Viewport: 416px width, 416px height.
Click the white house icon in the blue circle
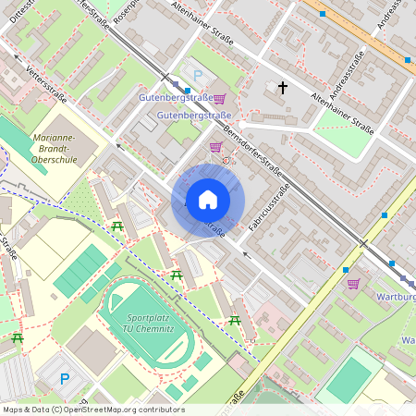click(x=208, y=200)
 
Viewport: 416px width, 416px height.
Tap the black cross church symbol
click(x=283, y=88)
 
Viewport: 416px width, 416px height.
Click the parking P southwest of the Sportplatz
click(x=65, y=378)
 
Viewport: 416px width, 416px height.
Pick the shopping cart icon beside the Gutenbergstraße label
click(x=219, y=98)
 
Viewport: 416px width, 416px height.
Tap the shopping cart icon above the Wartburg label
click(x=353, y=284)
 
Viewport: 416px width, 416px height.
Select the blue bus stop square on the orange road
click(x=407, y=60)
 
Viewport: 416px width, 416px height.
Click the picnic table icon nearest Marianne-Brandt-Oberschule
click(x=118, y=226)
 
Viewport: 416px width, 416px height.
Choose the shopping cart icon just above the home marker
click(x=215, y=147)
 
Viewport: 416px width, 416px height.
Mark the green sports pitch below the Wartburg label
click(x=349, y=379)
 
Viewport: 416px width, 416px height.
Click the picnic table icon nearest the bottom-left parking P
click(x=17, y=338)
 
